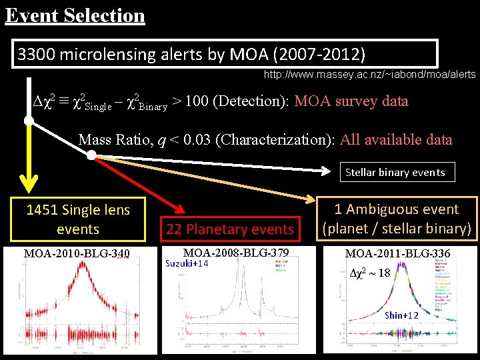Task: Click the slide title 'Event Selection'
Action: pos(75,15)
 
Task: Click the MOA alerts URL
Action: pos(369,75)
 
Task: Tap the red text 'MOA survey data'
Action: pos(351,101)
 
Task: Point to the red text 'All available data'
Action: pos(396,140)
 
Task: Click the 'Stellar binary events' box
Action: pos(395,172)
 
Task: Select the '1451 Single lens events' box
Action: pos(78,219)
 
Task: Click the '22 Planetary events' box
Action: pos(230,229)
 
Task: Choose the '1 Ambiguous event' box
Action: pos(397,219)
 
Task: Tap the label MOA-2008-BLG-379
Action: pos(235,253)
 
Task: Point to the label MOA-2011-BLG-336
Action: pos(397,253)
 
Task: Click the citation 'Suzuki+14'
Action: pos(187,263)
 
